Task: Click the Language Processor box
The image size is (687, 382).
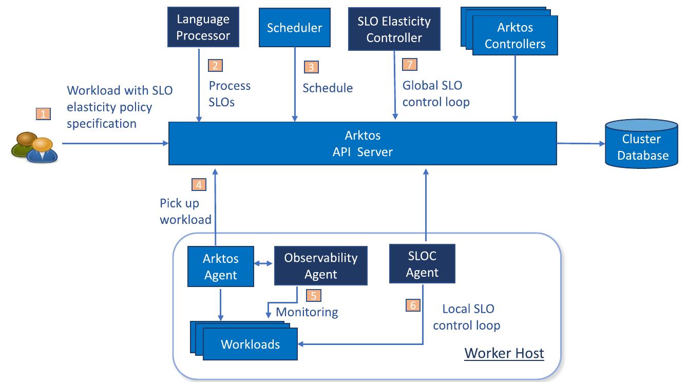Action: point(203,27)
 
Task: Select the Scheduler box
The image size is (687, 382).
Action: point(294,27)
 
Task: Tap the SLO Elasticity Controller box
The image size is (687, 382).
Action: point(394,29)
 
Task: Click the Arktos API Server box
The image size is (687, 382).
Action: point(362,143)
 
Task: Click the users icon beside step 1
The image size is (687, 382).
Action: point(34,147)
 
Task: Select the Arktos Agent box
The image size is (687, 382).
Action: point(221,266)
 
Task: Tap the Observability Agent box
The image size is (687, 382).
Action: point(321,266)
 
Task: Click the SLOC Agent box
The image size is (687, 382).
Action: point(422,264)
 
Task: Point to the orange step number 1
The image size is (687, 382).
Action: point(43,114)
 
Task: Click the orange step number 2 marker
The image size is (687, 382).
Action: point(215,65)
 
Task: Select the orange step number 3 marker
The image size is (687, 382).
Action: point(311,67)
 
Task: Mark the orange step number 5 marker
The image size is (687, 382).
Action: point(313,295)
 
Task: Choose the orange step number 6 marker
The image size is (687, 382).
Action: point(412,304)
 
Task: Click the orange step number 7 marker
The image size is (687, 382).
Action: point(409,64)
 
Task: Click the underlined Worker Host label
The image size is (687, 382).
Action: point(504,353)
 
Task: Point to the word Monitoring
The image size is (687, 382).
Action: point(307,312)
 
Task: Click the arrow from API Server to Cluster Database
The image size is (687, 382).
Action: point(581,144)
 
